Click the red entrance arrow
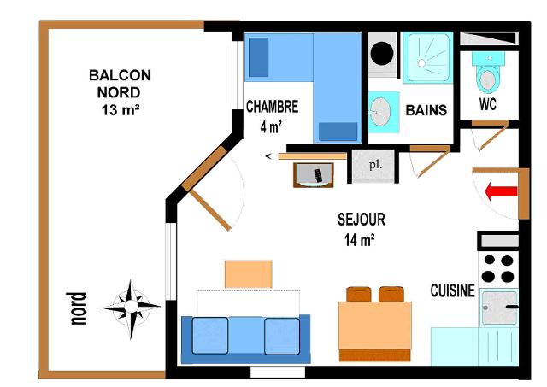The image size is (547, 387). [x=501, y=191]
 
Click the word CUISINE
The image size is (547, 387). [x=452, y=290]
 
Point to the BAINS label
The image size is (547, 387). [x=426, y=110]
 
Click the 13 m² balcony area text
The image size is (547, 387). [x=121, y=110]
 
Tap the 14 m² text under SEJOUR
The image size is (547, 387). [x=360, y=240]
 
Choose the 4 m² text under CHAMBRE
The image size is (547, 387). [x=271, y=127]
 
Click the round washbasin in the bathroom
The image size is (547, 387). [x=379, y=112]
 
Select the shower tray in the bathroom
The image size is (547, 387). [x=428, y=58]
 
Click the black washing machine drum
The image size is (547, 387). [x=382, y=53]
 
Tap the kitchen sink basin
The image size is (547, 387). [x=499, y=308]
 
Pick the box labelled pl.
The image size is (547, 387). [x=373, y=166]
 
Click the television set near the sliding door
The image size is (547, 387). [x=314, y=175]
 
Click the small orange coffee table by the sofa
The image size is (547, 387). [x=249, y=274]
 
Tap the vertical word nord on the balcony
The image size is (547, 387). [x=77, y=308]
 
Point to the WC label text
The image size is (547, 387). [x=488, y=104]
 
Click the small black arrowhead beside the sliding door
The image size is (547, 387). [x=268, y=156]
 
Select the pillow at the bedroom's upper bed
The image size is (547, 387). [x=258, y=57]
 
